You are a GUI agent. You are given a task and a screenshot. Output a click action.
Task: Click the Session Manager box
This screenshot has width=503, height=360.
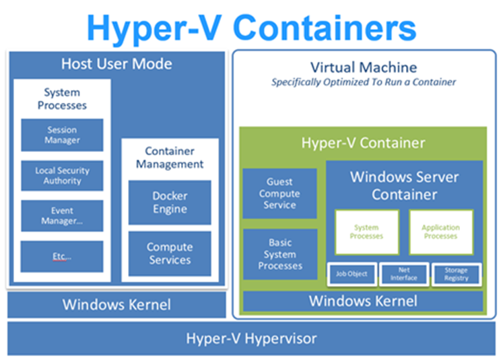[62, 135]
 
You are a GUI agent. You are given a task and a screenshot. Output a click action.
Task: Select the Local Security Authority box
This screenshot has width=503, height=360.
[62, 176]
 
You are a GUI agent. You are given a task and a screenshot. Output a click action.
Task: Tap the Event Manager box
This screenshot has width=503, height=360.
[62, 216]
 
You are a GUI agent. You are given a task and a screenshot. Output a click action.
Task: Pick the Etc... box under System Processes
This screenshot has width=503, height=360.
[62, 256]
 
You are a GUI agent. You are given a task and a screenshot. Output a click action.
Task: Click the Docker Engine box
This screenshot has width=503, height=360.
[170, 203]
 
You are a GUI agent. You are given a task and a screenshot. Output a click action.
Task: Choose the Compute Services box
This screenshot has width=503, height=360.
[170, 254]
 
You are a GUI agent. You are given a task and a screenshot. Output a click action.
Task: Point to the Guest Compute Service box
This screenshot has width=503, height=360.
[280, 194]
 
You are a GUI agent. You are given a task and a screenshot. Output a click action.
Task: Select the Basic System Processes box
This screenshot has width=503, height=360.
[280, 254]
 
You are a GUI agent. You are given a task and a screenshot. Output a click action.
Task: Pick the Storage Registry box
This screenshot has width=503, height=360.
[457, 274]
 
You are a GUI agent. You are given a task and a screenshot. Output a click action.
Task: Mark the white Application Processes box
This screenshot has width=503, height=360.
[440, 232]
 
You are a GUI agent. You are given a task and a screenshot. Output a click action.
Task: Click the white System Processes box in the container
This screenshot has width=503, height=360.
[366, 232]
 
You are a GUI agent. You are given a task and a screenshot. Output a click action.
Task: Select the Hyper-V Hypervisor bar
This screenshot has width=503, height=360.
[251, 338]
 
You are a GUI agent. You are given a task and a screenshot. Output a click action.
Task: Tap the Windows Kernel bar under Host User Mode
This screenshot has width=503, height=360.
[116, 304]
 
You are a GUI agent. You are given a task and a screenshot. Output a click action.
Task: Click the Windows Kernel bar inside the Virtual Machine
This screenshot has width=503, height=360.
[363, 301]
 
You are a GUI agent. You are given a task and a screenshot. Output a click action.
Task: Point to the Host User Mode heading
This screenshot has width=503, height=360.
[116, 65]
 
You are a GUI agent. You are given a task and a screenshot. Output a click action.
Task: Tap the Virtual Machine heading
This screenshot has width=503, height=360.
[364, 67]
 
